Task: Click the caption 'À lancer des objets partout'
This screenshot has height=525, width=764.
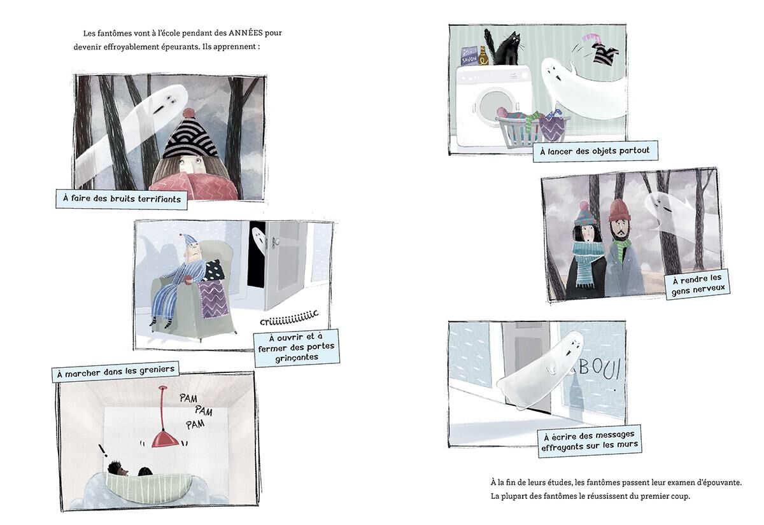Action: pos(586,151)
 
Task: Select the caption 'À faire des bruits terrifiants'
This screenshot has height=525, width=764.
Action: pos(121,199)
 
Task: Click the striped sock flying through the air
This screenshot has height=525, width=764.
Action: pos(602,54)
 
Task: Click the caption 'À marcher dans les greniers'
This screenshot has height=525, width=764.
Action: pos(115,370)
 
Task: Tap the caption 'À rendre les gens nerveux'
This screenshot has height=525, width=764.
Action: pos(697,284)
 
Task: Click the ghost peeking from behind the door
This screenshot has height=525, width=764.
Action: pos(257,240)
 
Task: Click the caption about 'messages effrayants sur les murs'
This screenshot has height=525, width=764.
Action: pos(589,441)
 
